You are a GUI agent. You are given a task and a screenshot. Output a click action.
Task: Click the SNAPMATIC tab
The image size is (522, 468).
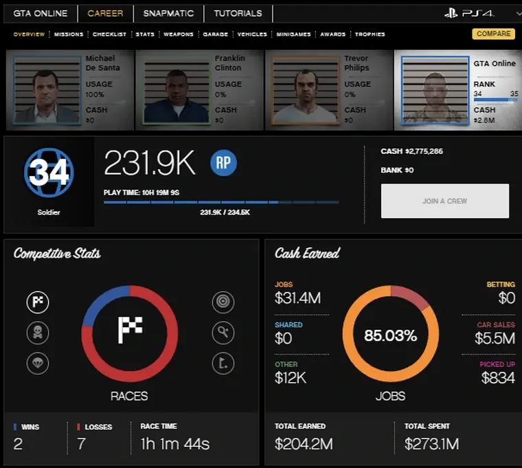pyautogui.click(x=168, y=13)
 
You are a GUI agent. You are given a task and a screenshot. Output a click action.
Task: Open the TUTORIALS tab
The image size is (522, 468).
pyautogui.click(x=238, y=13)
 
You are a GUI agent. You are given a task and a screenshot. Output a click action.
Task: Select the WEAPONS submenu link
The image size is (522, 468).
pyautogui.click(x=178, y=34)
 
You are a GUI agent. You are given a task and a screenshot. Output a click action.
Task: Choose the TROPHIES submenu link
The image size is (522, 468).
pyautogui.click(x=370, y=34)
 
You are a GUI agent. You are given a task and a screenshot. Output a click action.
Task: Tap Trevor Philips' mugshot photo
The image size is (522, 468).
pyautogui.click(x=306, y=90)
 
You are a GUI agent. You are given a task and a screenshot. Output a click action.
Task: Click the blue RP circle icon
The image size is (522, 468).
pyautogui.click(x=223, y=163)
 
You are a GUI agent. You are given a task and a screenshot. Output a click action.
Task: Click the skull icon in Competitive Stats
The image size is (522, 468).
pyautogui.click(x=38, y=333)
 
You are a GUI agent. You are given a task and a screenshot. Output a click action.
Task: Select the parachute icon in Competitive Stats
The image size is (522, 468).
pyautogui.click(x=38, y=363)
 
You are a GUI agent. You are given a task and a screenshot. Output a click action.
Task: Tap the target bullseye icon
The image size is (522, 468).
pyautogui.click(x=223, y=302)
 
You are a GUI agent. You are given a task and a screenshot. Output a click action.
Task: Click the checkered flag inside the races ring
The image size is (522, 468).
pyautogui.click(x=130, y=330)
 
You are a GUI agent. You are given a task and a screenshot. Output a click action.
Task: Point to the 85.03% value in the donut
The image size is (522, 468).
pyautogui.click(x=390, y=336)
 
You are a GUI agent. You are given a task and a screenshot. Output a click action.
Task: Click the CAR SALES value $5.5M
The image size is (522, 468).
pyautogui.click(x=495, y=338)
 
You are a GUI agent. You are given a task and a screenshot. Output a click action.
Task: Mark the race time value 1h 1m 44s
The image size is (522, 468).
pyautogui.click(x=174, y=444)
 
